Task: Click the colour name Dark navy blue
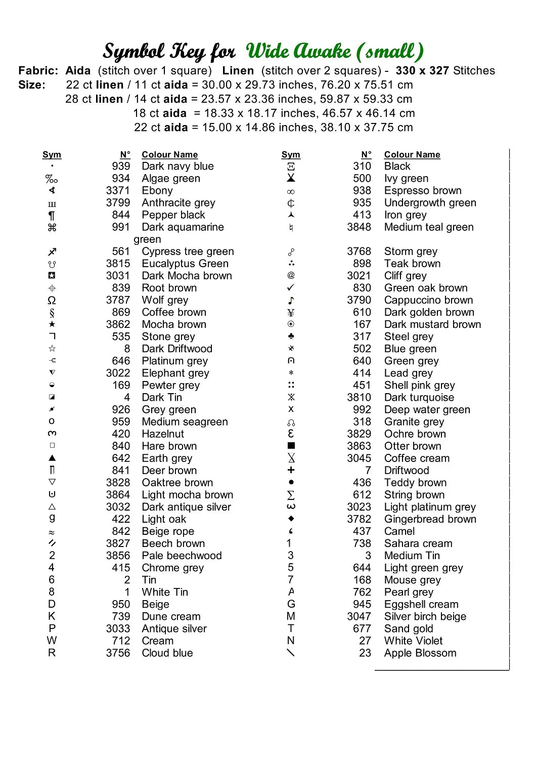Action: click(177, 166)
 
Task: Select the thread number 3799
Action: click(118, 203)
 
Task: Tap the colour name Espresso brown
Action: click(423, 191)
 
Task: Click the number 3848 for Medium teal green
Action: click(359, 227)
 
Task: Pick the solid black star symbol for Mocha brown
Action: click(52, 324)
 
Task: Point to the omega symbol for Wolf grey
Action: click(52, 300)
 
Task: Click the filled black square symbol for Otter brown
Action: click(291, 446)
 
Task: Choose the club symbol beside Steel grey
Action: click(291, 336)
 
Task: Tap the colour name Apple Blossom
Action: click(420, 653)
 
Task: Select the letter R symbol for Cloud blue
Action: click(52, 653)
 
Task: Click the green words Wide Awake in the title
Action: click(298, 51)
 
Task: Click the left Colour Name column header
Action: click(169, 155)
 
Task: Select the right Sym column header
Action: click(291, 155)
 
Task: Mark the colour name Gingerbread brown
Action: click(430, 519)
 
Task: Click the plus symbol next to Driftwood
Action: click(291, 470)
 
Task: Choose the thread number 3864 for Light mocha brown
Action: click(118, 495)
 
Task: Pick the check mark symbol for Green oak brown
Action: click(291, 287)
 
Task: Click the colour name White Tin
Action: click(165, 592)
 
